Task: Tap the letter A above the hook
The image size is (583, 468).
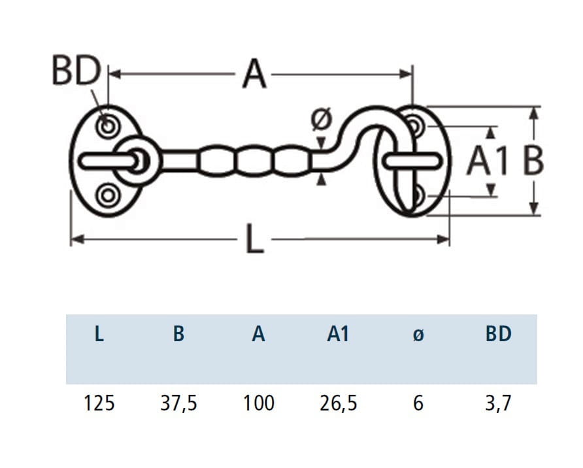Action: click(255, 75)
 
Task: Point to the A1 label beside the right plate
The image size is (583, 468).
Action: click(487, 161)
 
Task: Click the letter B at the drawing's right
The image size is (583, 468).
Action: click(533, 161)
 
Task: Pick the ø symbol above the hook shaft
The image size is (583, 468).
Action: click(322, 120)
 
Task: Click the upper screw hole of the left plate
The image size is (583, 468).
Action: click(106, 125)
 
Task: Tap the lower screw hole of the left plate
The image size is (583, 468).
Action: click(106, 195)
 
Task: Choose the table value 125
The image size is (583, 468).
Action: click(99, 403)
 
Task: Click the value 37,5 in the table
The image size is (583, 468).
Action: click(178, 403)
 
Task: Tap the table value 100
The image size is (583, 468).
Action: click(259, 403)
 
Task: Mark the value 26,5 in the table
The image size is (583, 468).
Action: click(339, 403)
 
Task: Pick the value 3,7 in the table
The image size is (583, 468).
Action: click(498, 403)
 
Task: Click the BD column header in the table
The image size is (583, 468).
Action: click(498, 334)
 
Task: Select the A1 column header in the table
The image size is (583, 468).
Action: click(339, 334)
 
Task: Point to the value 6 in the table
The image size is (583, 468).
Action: click(418, 403)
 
